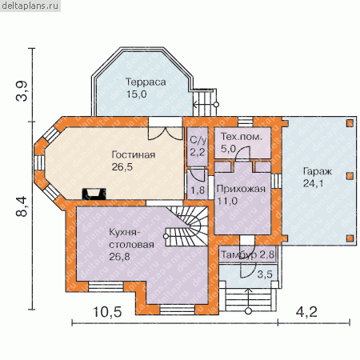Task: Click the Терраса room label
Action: coord(146,82)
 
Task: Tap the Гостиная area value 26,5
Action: coord(122,167)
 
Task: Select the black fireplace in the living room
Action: coord(94,194)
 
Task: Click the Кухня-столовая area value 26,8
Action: coord(119,257)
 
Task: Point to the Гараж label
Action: coord(318,171)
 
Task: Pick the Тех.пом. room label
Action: coord(242,137)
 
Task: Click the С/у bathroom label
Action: coord(198,140)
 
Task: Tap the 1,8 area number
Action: coord(198,190)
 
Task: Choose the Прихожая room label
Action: coord(241,189)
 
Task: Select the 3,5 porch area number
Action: coord(265,274)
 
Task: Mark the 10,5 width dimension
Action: coord(107,312)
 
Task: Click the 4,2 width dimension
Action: coord(306,312)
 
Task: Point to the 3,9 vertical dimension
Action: coord(22,91)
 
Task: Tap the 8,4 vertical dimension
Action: coord(22,206)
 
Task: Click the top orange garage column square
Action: coord(350,123)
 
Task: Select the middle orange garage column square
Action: coord(350,176)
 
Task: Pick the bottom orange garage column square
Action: coord(350,238)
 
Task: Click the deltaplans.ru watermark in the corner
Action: coord(30,6)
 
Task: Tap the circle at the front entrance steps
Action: coord(248,311)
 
